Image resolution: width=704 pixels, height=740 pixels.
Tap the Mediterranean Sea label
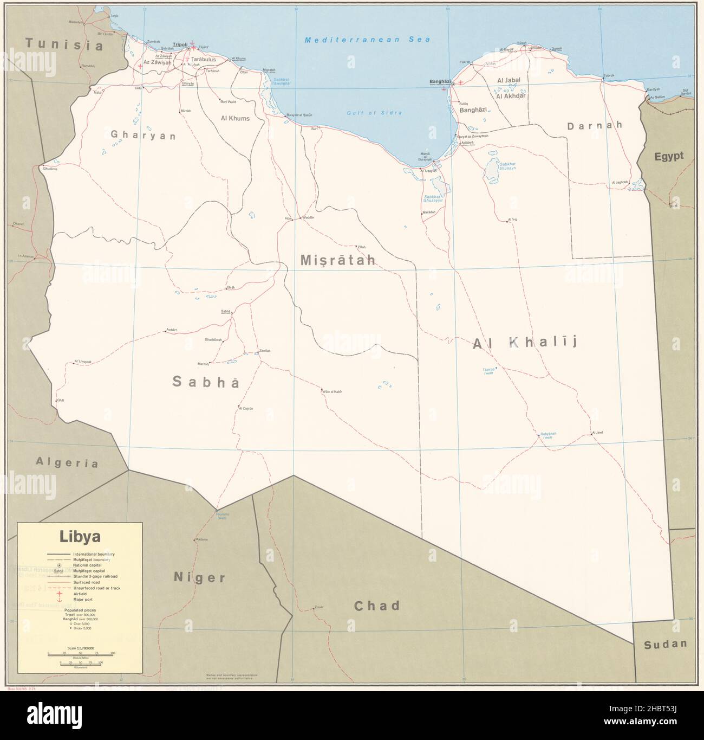367,40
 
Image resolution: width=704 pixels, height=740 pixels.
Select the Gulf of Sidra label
374,113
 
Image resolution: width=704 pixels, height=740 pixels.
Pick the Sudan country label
665,644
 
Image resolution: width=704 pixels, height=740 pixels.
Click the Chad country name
377,606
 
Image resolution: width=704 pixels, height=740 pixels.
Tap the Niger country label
199,577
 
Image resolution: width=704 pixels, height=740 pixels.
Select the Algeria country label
67,462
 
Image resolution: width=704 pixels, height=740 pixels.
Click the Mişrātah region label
338,261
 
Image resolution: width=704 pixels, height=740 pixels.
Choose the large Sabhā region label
205,382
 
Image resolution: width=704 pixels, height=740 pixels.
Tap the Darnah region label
595,125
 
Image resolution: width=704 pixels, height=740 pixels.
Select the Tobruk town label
610,75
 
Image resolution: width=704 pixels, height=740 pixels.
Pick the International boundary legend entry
96,554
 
